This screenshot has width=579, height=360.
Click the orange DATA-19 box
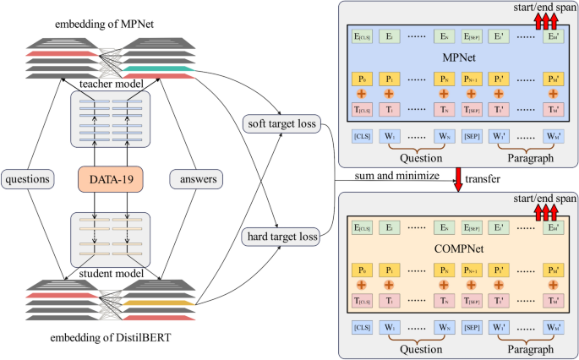pos(110,179)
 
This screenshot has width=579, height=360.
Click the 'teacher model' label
pos(109,83)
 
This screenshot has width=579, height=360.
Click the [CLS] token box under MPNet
pos(362,136)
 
